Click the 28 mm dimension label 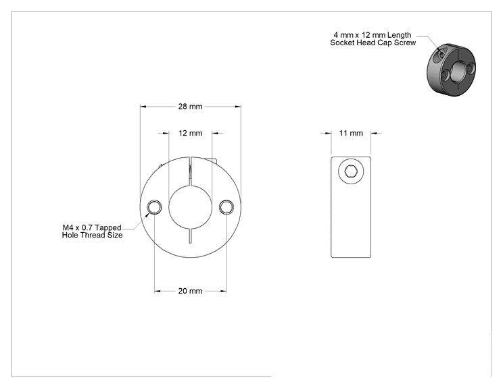coord(190,107)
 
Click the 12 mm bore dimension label coord(190,133)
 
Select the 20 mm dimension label coord(190,291)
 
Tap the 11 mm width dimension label coord(351,133)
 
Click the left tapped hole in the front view coord(154,206)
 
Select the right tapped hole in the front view coord(226,206)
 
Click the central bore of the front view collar coord(190,206)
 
